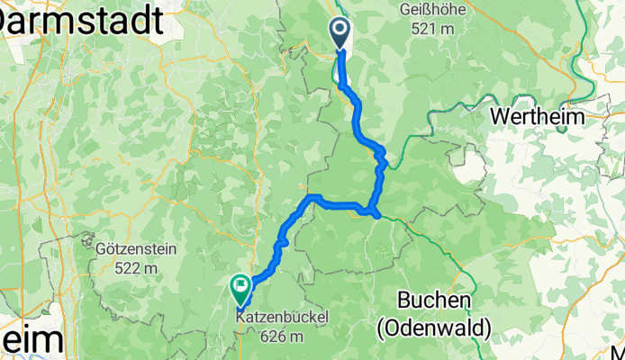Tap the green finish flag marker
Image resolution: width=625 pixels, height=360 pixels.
point(240,288)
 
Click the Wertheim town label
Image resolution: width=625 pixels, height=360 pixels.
point(538,117)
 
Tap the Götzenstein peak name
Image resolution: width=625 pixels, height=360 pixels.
point(135,248)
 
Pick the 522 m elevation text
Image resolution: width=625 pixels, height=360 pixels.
point(135,267)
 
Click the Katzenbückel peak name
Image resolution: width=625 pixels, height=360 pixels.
point(281,317)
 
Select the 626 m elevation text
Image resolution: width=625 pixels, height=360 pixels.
point(281,336)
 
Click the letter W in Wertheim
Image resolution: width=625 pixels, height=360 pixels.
point(498,117)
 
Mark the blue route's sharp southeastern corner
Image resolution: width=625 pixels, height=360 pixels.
point(375,213)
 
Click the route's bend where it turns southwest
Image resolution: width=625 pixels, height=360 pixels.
point(312,197)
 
